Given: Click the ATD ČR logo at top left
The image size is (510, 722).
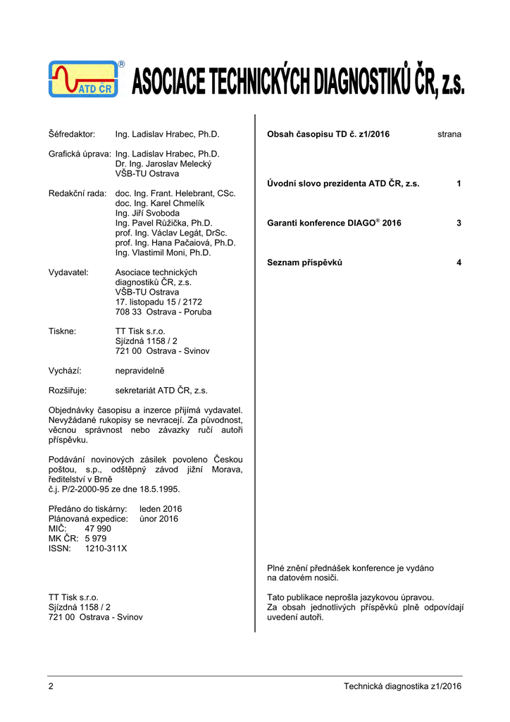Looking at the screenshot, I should tap(84, 78).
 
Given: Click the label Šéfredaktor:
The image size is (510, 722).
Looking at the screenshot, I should tap(72, 134).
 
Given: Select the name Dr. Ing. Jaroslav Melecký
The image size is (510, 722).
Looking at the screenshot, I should tap(163, 164).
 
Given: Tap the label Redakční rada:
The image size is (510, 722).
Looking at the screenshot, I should tap(77, 193).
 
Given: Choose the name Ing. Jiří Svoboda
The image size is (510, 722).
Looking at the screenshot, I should tap(147, 213).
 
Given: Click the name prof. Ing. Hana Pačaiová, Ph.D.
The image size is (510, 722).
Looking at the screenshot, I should tap(175, 243).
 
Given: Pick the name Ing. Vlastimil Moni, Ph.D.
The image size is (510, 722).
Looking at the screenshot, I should tap(163, 252).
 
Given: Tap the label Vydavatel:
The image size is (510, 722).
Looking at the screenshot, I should tap(68, 272).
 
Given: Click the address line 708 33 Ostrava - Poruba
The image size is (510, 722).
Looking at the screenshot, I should tap(163, 312).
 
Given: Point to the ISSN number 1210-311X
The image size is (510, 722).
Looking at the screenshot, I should tap(106, 548).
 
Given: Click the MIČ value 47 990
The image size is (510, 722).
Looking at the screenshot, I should tap(98, 528).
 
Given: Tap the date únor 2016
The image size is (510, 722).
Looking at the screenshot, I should tap(159, 518).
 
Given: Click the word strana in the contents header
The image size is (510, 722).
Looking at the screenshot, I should tap(449, 134).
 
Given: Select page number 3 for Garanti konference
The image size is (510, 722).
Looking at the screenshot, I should tap(459, 223).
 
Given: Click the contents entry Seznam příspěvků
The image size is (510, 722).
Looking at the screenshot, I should tap(304, 262).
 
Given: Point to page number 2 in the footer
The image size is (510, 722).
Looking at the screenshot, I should tap(51, 687).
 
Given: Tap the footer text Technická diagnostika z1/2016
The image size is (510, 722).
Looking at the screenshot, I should tap(402, 687).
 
